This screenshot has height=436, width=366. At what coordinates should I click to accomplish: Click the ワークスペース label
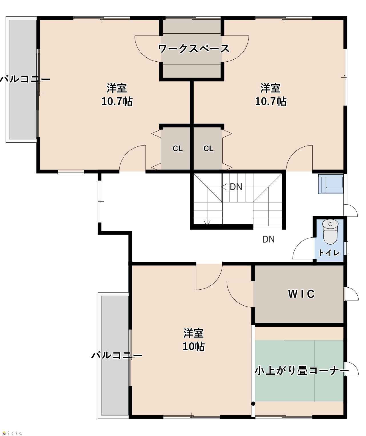coord(194,49)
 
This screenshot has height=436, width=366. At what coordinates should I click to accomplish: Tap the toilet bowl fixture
coord(330,232)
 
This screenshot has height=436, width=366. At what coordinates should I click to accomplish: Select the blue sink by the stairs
coord(331,184)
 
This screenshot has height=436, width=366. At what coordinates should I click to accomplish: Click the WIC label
coord(301,294)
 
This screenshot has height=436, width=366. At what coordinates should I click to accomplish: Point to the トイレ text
coord(329,253)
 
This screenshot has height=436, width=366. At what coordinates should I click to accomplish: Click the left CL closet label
coord(177,148)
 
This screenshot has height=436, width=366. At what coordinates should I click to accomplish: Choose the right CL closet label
coord(208,148)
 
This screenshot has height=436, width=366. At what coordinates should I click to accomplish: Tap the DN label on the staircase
coord(236,187)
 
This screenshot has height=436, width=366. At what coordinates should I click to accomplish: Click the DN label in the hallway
coord(269,239)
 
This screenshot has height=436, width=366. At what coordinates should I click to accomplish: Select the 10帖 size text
coord(194,347)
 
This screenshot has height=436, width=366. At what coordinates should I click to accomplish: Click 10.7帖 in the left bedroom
coord(117,102)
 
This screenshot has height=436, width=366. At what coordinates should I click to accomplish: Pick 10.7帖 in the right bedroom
coord(271,102)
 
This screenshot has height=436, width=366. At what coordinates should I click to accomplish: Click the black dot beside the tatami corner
coord(253,404)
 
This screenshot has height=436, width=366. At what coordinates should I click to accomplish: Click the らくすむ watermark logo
coord(13,432)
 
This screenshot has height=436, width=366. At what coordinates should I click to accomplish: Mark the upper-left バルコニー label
coord(25,79)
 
